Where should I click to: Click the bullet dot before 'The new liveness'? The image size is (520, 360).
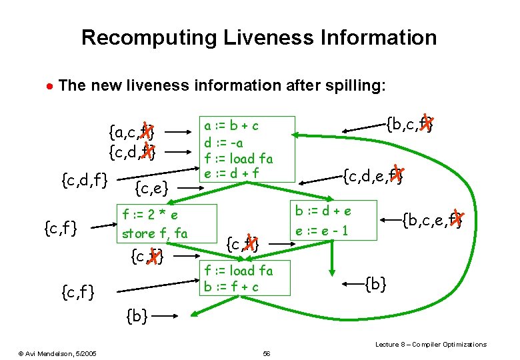[49, 87]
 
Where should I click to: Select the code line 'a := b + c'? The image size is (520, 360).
[231, 126]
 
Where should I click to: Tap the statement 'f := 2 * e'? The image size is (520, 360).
[149, 215]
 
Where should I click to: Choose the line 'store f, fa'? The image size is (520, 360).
[154, 233]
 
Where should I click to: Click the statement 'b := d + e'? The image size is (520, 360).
[323, 211]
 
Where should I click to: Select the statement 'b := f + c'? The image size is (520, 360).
[232, 287]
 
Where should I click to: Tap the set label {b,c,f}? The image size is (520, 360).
[410, 125]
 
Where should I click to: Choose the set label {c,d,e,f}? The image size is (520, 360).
[373, 176]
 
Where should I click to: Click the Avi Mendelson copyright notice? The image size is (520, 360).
[57, 352]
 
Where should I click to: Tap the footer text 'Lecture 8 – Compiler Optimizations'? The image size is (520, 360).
[431, 344]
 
